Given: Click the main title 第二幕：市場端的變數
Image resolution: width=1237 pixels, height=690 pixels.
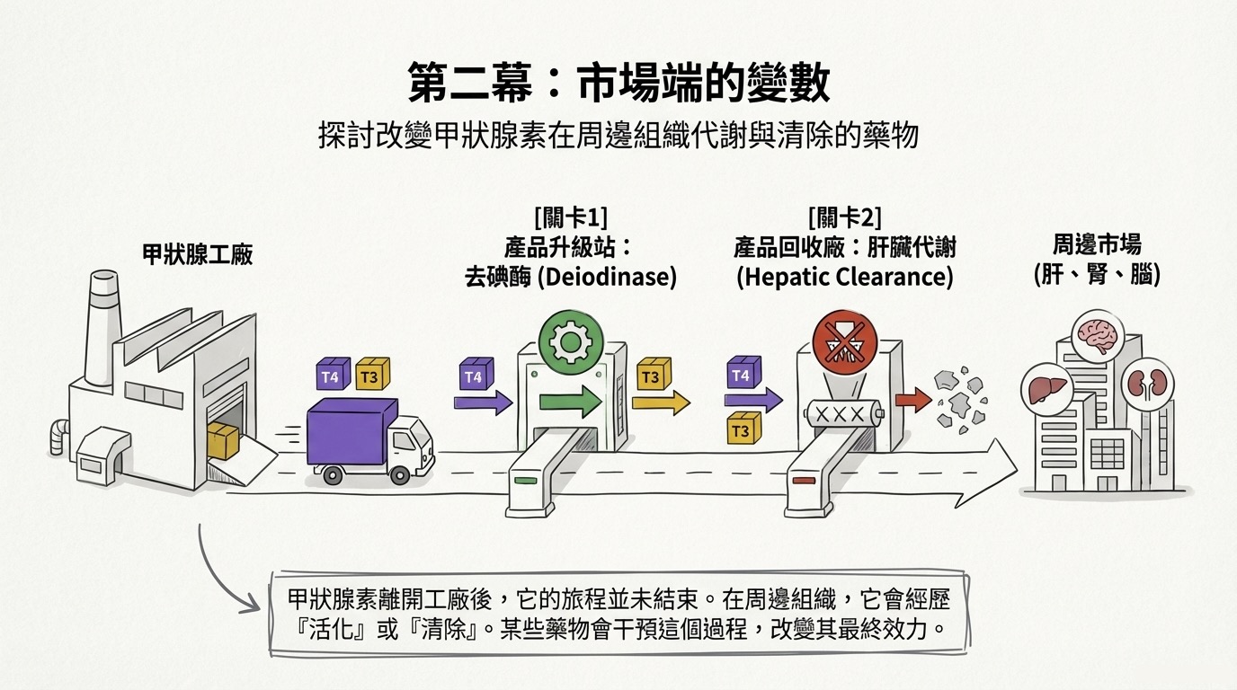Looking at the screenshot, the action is (619, 83).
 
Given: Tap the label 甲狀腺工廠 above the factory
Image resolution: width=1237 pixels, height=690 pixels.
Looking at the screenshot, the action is (197, 254).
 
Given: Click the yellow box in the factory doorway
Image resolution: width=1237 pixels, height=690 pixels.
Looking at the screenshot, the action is (223, 440).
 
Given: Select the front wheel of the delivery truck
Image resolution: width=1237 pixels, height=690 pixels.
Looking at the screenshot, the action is (399, 474).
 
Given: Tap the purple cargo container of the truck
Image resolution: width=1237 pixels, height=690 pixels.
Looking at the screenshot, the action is (352, 432).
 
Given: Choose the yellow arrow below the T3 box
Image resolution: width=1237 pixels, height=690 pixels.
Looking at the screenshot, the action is (661, 402).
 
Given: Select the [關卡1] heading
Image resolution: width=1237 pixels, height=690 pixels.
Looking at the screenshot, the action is (571, 218).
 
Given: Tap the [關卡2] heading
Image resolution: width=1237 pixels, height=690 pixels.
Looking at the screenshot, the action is (844, 218).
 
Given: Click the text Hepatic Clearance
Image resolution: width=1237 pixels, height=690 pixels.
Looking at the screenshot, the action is (845, 277).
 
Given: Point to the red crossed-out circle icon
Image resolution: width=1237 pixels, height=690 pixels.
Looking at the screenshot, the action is (845, 341).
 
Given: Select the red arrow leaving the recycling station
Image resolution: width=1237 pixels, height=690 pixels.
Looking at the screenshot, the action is (913, 400).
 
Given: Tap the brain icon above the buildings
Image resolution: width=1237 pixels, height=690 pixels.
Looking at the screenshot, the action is (1098, 336).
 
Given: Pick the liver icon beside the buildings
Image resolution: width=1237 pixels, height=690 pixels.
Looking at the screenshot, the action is (1047, 389).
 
